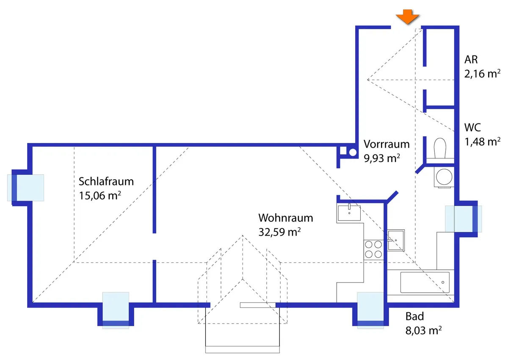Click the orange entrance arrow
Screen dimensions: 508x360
(408, 17)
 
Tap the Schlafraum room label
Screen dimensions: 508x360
(106, 181)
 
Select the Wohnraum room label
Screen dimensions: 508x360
(286, 218)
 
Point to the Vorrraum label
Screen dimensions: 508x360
(387, 144)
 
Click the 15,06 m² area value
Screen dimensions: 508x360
(99, 195)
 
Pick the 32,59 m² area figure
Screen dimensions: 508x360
(279, 232)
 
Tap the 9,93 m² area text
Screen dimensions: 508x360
(382, 158)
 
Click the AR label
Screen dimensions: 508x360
(471, 60)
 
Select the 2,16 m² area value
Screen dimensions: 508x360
(482, 74)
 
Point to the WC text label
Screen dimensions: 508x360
(472, 128)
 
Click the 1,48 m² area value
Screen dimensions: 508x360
(482, 142)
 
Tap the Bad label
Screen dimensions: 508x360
(414, 316)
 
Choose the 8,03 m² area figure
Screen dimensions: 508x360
(423, 330)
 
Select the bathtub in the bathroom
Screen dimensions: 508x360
(425, 283)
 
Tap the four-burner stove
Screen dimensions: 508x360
(373, 250)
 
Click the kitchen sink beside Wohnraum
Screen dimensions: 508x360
(349, 213)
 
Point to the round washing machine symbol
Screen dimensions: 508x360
(444, 177)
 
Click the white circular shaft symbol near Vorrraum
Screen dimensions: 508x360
(353, 152)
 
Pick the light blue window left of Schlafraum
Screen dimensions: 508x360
(25, 187)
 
